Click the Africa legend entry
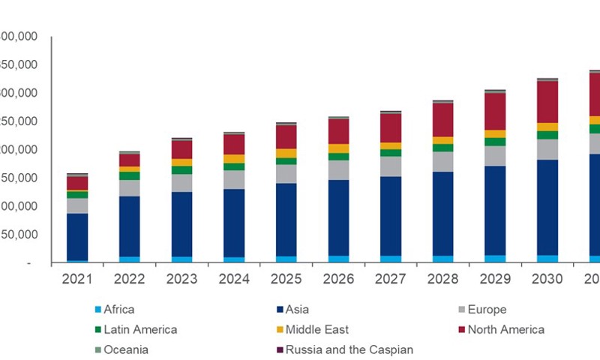tap(118, 310)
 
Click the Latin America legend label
tap(140, 330)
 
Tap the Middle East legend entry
tap(316, 330)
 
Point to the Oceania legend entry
tap(125, 349)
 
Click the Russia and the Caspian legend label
tap(343, 349)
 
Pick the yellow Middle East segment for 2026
tap(338, 148)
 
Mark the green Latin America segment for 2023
tap(181, 169)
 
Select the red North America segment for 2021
tap(77, 183)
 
